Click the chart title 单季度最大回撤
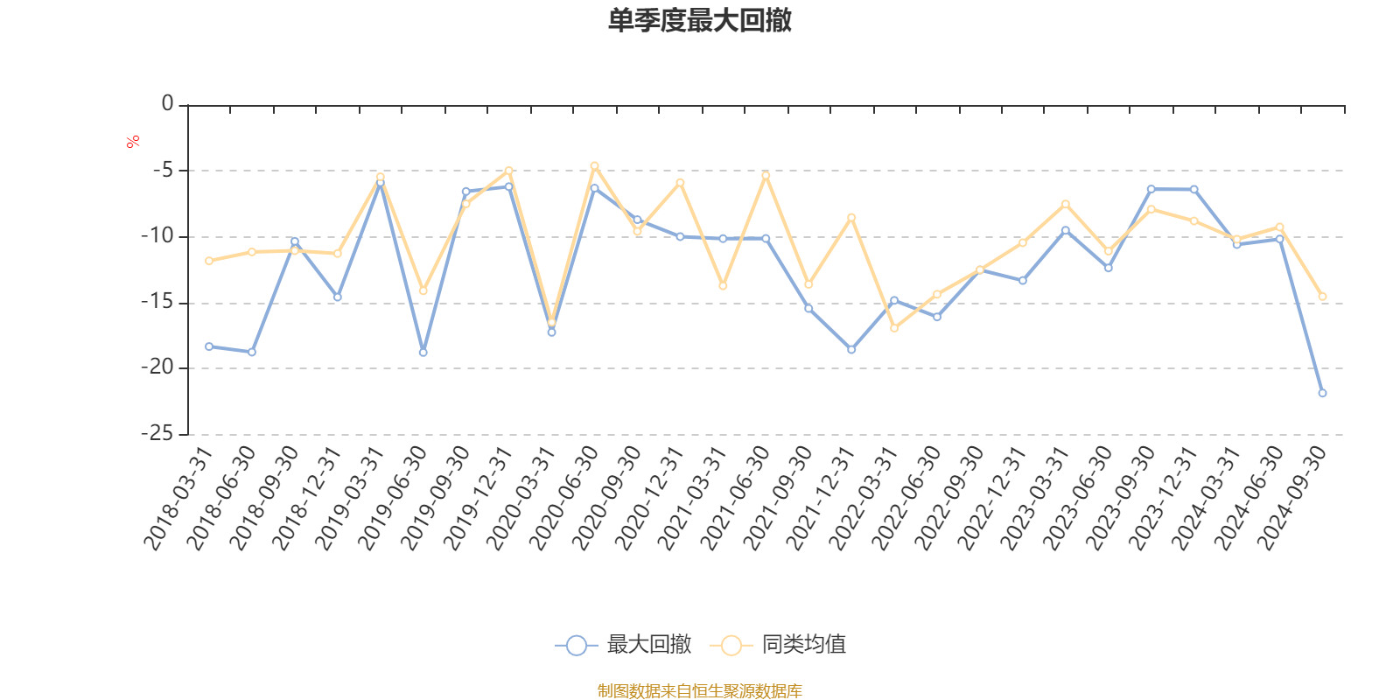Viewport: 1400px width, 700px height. [x=699, y=21]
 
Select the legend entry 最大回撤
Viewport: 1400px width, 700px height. [x=624, y=645]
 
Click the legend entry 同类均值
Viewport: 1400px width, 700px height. [x=778, y=645]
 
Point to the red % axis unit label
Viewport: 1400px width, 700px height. [x=133, y=142]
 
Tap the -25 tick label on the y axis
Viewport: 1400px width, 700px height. [x=157, y=433]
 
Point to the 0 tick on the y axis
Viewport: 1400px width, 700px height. [x=167, y=104]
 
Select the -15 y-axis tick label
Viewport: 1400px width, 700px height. [x=157, y=302]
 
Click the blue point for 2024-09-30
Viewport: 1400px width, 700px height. [x=1322, y=394]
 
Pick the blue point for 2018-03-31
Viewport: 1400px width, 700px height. [x=209, y=346]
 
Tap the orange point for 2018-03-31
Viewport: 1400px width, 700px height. [x=209, y=261]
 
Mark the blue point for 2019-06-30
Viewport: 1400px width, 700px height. [x=423, y=353]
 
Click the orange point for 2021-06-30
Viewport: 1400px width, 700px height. [x=766, y=175]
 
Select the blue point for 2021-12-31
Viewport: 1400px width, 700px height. [x=851, y=350]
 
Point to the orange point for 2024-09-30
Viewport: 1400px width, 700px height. [x=1322, y=297]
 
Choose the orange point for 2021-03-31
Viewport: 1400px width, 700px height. [x=723, y=286]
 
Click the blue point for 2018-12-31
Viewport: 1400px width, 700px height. [x=338, y=297]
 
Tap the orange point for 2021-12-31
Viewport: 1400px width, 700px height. [x=851, y=217]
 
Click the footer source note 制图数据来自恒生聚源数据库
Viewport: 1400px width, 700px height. [x=699, y=691]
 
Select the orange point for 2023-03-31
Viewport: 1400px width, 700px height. [x=1066, y=204]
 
